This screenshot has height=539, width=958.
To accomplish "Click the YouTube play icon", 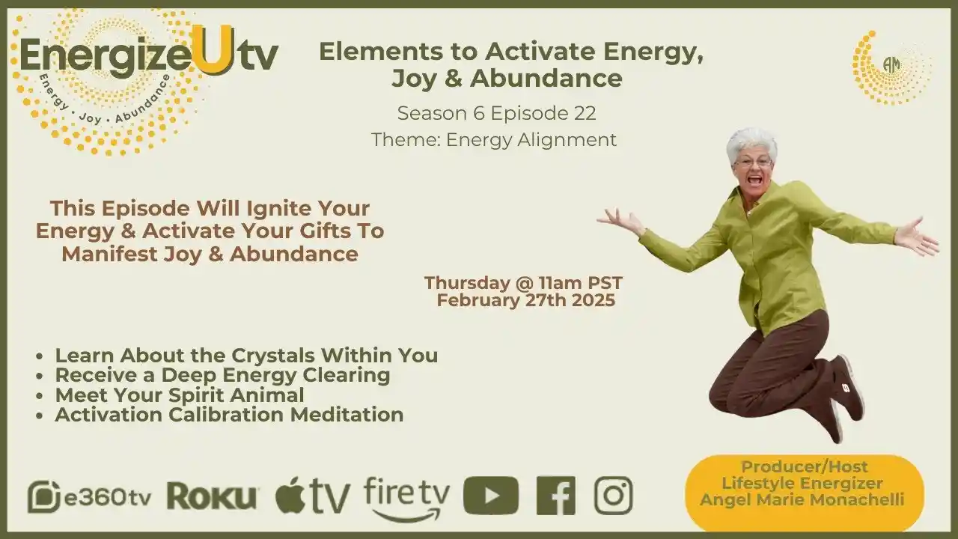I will click(x=490, y=496).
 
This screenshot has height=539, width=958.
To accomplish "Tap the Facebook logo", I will click(x=555, y=496).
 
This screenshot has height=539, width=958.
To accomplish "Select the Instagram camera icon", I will click(x=613, y=496).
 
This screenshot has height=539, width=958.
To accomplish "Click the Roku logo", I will click(x=213, y=496).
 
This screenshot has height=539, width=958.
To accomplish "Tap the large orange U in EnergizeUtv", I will click(x=211, y=50).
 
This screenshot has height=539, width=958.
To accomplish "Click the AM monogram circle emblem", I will click(x=891, y=66).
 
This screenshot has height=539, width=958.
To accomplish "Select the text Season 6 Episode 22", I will click(x=496, y=113).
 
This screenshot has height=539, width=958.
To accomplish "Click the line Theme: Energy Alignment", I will click(x=494, y=139).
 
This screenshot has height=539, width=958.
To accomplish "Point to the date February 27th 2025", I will click(x=526, y=300).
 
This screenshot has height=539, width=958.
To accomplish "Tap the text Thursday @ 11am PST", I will click(x=523, y=283).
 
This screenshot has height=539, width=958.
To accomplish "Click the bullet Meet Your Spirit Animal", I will click(x=179, y=395).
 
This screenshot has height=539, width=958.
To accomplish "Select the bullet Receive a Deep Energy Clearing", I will click(x=222, y=374).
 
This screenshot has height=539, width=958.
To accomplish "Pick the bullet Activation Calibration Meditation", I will click(x=229, y=414).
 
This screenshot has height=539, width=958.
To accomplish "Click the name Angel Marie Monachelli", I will click(x=803, y=499).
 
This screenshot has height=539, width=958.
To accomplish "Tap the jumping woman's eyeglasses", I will click(x=753, y=162).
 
